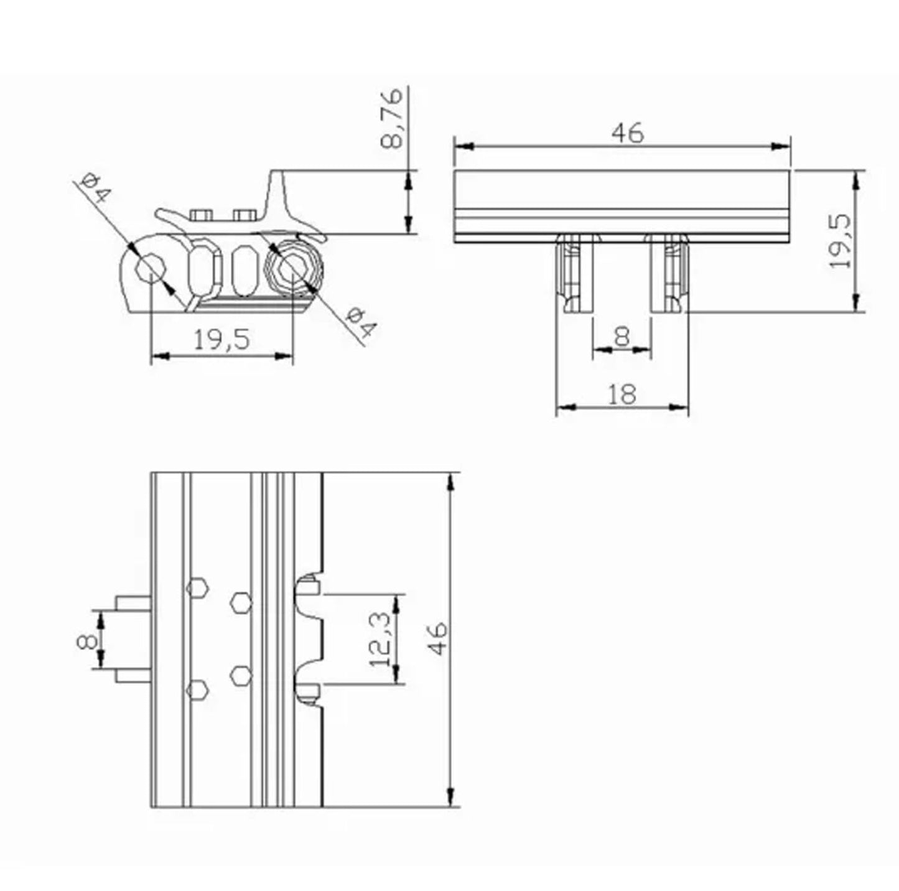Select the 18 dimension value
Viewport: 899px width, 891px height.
[x=621, y=393]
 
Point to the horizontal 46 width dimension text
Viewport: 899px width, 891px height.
[x=627, y=133]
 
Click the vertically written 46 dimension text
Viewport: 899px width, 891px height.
[x=439, y=638]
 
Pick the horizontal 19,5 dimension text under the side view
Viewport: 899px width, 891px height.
[x=221, y=340]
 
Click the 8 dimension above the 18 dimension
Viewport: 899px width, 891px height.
[x=622, y=337]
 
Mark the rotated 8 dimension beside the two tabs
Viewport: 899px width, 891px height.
[x=88, y=640]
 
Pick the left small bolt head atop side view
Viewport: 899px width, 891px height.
[x=201, y=215]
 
